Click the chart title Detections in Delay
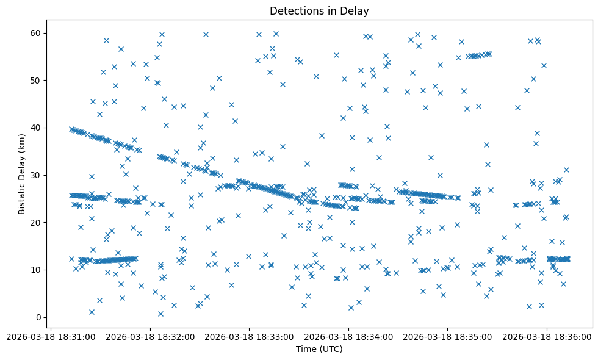[x=319, y=11]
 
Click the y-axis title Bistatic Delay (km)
[x=22, y=175]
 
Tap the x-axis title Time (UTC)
[x=319, y=349]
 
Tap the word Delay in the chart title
[x=356, y=11]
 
